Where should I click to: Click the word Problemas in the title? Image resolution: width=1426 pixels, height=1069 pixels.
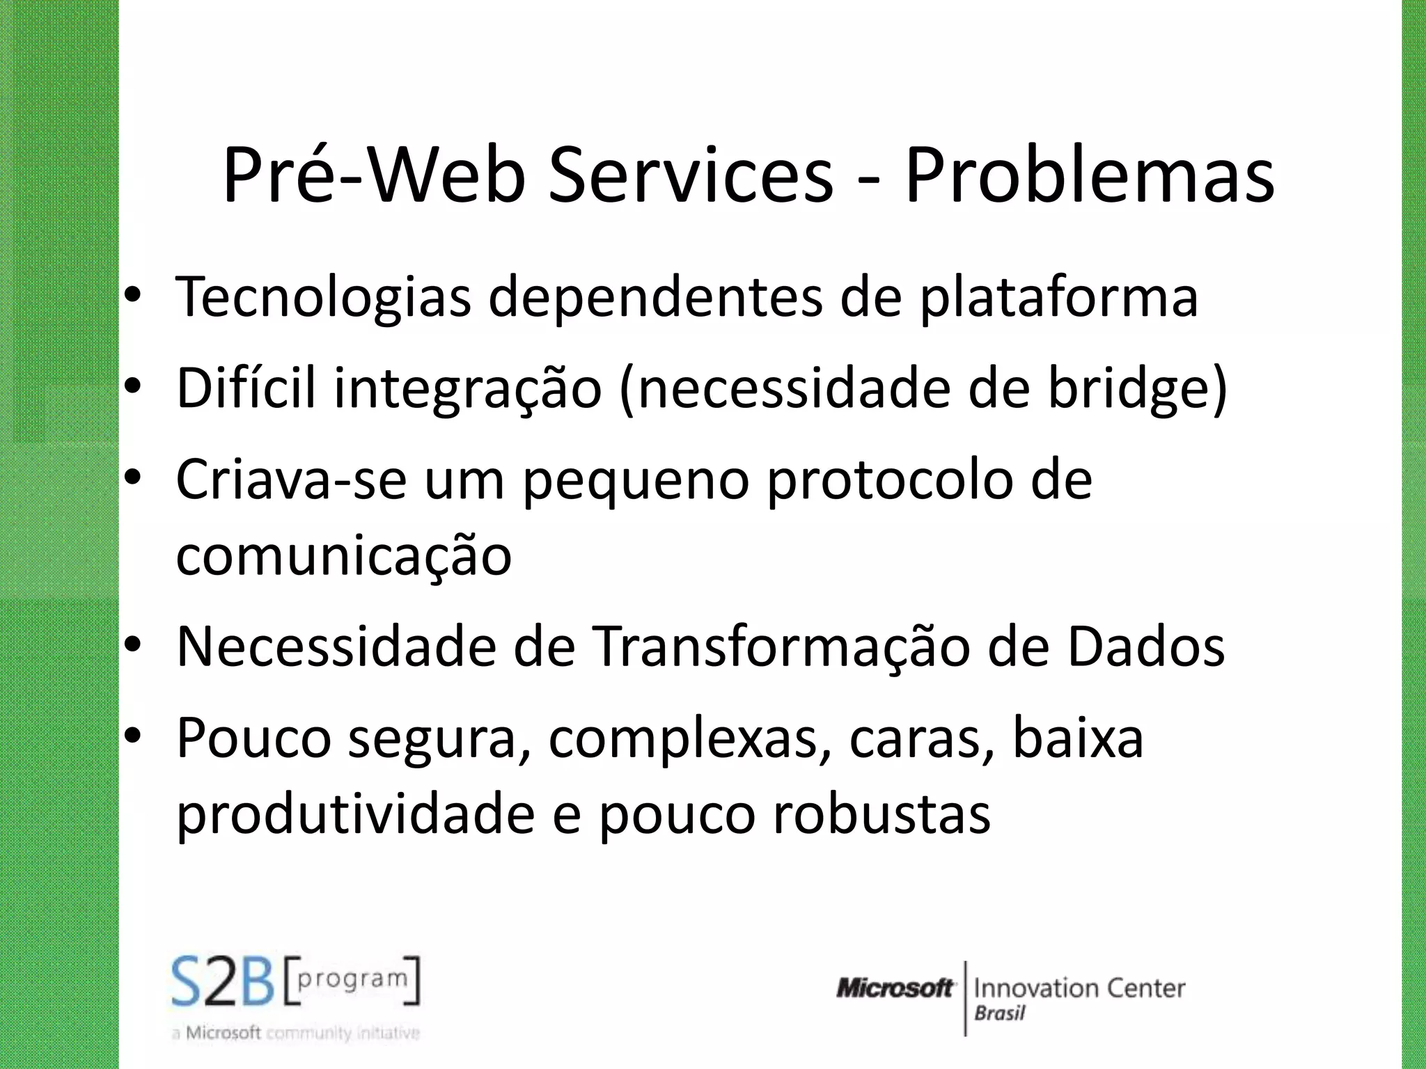pyautogui.click(x=1089, y=175)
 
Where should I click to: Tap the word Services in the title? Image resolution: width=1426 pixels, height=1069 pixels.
pyautogui.click(x=690, y=175)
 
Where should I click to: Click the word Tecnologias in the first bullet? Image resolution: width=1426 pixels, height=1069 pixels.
pyautogui.click(x=323, y=298)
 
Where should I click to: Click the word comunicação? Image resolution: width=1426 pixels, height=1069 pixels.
pyautogui.click(x=343, y=557)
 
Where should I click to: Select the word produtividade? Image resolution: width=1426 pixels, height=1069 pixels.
pyautogui.click(x=355, y=814)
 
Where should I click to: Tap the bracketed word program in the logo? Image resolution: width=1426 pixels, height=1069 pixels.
pyautogui.click(x=352, y=979)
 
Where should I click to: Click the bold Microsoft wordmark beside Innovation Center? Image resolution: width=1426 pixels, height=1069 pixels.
pyautogui.click(x=895, y=988)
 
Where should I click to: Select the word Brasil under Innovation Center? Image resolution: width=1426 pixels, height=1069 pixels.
pyautogui.click(x=999, y=1013)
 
